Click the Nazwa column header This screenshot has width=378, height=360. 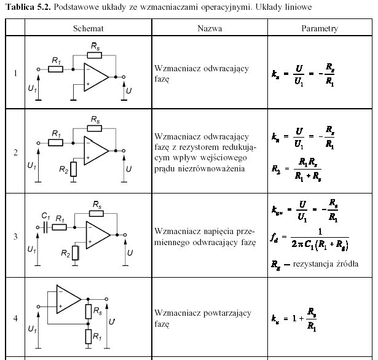click(210, 28)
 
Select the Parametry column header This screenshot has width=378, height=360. click(320, 28)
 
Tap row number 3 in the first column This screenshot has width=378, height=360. click(15, 236)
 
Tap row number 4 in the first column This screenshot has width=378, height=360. click(15, 318)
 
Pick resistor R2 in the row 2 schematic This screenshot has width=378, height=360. click(74, 167)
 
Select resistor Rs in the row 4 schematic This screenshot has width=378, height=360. click(89, 311)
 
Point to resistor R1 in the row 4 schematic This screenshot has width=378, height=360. click(89, 335)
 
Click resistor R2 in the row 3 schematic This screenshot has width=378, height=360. click(75, 251)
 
